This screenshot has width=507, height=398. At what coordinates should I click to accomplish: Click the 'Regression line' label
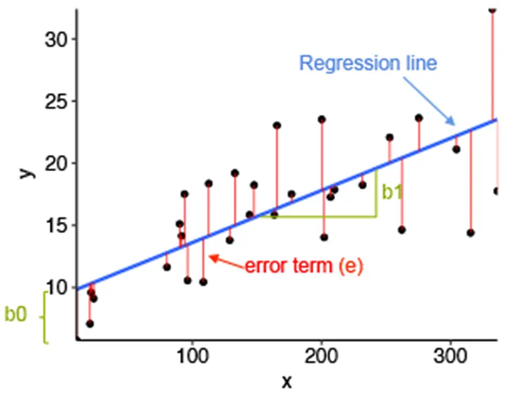[368, 63]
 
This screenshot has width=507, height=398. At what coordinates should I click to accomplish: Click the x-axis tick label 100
[192, 356]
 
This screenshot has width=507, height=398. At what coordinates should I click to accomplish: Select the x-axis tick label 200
[322, 356]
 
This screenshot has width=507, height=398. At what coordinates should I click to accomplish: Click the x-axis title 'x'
[287, 382]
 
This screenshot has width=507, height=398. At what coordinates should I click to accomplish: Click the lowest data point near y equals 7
[89, 323]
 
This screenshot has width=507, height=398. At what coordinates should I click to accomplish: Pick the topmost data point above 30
[492, 9]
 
